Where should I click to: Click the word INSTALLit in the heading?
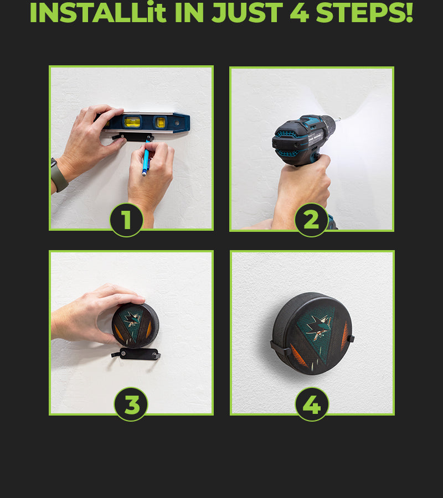pos(98,12)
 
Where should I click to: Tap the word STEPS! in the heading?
pos(364,12)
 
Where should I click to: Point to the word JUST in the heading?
pos(247,12)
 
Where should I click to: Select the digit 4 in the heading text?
pos(300,12)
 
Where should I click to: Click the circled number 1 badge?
pos(126,220)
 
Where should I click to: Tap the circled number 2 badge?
pos(311,220)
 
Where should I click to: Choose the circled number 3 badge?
pos(131,404)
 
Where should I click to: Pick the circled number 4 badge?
pos(312,404)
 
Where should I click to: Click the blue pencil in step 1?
pos(146,158)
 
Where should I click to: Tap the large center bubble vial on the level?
pos(132,122)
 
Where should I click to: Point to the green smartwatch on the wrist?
pos(58,175)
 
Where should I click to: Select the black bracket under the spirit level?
pos(132,137)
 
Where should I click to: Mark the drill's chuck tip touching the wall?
pos(338,120)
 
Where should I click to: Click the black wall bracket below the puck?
pos(136,354)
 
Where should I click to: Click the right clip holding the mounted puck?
pos(350,339)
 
